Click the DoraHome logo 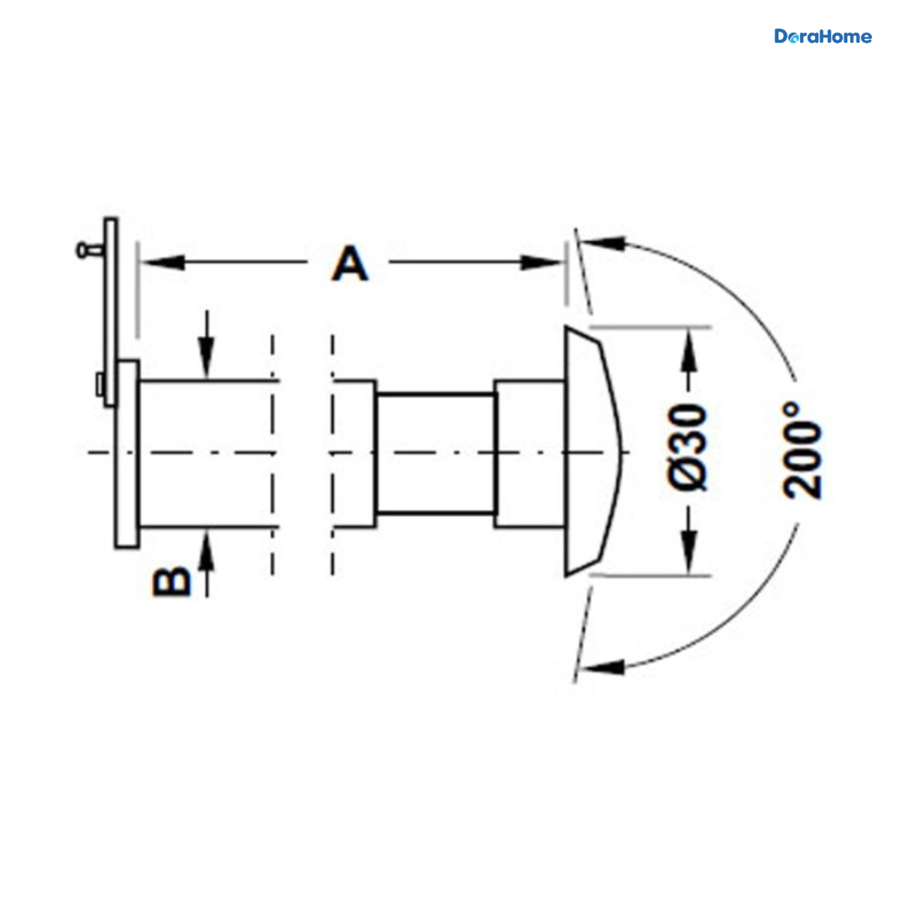823,37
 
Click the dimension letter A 349,264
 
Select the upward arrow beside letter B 207,566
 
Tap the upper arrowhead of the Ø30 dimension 689,350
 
